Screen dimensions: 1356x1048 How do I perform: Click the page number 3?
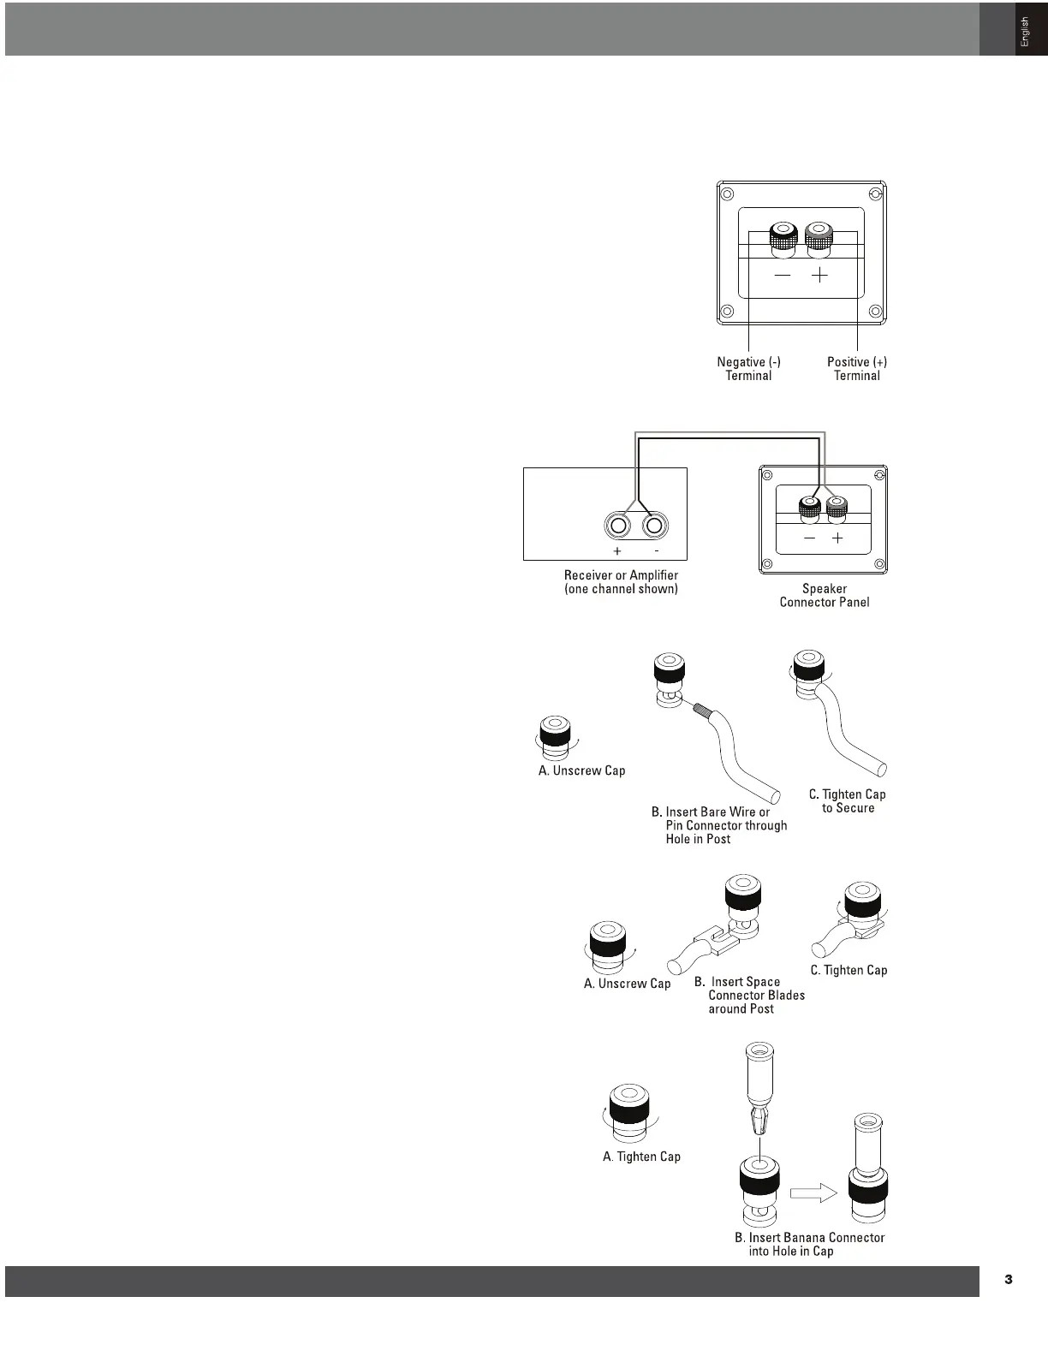point(1008,1280)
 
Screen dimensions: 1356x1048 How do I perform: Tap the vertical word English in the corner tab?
point(1025,33)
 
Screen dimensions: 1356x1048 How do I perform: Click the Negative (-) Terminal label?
point(748,368)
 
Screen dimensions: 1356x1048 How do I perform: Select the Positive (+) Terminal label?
point(856,368)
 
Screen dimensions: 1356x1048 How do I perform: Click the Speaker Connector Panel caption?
point(824,595)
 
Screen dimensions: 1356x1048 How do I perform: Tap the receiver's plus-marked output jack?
point(617,526)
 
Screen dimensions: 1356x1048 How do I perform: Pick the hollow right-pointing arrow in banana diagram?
point(813,1192)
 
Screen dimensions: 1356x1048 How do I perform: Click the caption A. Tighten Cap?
point(641,1157)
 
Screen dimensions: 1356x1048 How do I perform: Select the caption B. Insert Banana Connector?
point(809,1244)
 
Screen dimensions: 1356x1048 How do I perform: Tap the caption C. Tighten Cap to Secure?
point(847,801)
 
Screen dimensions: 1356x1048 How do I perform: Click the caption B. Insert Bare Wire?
point(718,825)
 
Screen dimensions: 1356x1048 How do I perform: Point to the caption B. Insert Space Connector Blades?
point(749,995)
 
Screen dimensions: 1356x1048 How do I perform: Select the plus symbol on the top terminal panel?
point(820,276)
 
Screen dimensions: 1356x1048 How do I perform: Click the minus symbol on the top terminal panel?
point(783,276)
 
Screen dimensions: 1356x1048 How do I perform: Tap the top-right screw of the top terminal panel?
point(874,195)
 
